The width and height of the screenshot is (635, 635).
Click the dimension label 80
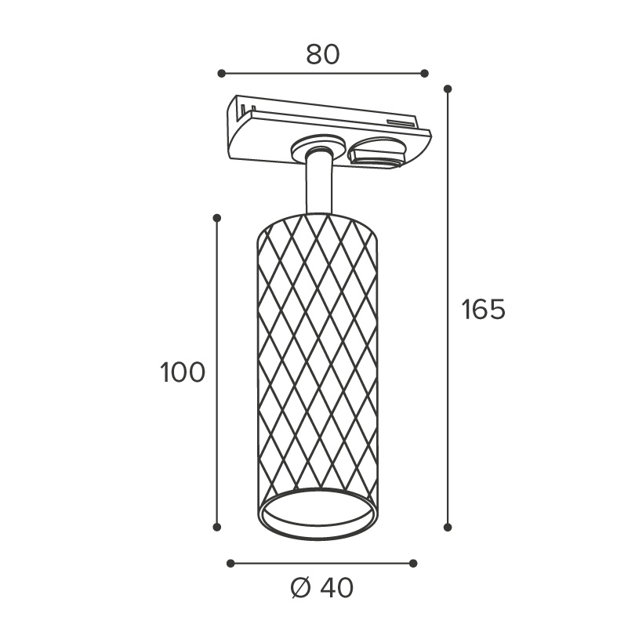323,55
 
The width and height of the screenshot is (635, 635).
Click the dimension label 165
484,310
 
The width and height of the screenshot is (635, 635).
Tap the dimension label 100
183,372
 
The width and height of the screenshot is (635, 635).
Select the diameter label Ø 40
322,588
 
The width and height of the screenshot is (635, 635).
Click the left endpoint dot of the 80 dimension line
221,74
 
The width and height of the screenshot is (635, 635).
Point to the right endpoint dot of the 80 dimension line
424,74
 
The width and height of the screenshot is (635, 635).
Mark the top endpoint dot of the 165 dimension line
448,89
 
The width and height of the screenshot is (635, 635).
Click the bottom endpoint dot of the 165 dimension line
448,527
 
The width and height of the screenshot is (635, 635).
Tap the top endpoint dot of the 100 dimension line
217,218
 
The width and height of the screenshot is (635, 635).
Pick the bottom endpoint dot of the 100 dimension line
217,527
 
